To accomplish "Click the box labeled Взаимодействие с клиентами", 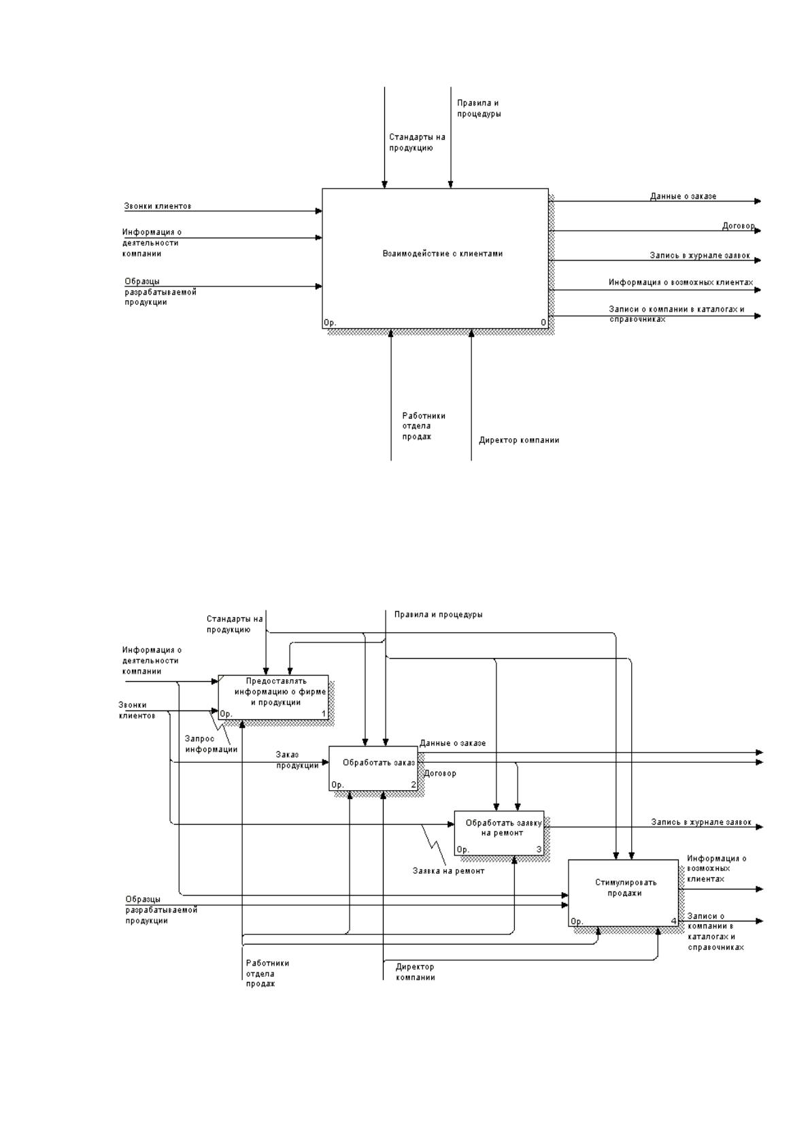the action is (435, 259).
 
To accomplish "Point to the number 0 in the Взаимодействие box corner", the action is (543, 323).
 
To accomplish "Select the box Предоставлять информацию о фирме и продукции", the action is (273, 698).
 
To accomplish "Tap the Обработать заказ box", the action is (373, 768).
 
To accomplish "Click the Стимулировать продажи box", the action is (624, 893).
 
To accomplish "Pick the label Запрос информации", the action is (211, 744).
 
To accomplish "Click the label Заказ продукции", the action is (297, 760).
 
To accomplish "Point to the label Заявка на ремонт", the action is (448, 871).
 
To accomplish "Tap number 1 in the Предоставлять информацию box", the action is (323, 714).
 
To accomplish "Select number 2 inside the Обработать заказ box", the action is (414, 784).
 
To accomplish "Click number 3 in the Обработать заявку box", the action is (539, 849).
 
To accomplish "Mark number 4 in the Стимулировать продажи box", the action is (673, 921).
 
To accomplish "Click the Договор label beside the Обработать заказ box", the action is (440, 773).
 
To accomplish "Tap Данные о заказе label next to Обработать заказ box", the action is (452, 743).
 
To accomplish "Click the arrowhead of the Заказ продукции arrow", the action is (325, 762).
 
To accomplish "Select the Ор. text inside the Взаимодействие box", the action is (330, 323).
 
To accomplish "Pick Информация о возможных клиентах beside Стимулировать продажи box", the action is (716, 868).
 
